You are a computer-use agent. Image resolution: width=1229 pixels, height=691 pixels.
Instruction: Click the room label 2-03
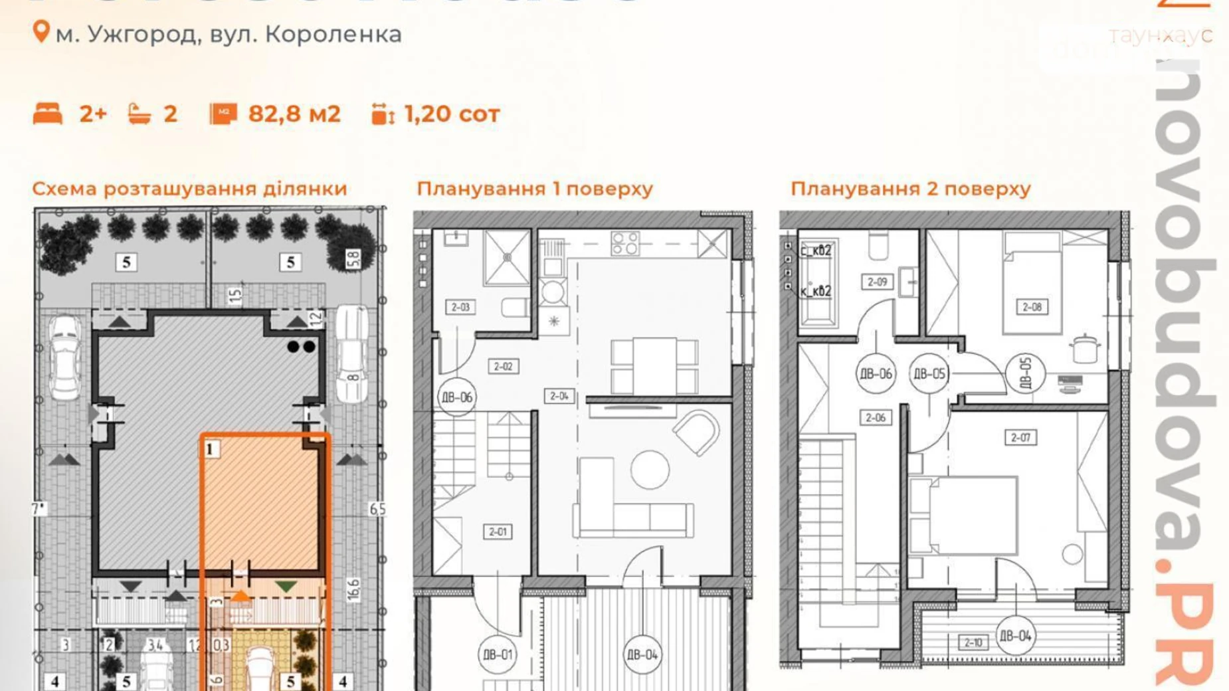tap(460, 307)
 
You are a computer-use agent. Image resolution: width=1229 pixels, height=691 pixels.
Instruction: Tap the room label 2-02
tap(503, 366)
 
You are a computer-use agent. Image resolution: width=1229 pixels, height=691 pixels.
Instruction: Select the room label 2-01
tap(498, 532)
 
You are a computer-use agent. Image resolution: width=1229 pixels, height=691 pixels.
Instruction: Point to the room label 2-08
tap(1032, 307)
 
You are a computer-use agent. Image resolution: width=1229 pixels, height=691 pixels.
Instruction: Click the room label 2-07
tap(1020, 437)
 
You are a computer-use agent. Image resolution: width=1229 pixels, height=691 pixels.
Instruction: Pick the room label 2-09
tap(877, 282)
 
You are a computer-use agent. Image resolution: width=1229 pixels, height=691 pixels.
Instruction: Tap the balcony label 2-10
tap(973, 642)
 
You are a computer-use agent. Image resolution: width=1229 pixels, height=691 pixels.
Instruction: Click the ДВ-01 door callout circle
tap(498, 654)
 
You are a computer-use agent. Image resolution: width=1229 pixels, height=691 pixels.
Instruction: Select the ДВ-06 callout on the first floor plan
tap(457, 397)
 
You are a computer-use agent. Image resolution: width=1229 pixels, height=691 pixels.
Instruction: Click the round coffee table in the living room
tap(650, 470)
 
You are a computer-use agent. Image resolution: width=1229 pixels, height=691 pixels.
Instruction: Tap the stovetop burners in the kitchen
tap(625, 243)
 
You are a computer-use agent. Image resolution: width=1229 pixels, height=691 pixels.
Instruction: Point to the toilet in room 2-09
tap(878, 245)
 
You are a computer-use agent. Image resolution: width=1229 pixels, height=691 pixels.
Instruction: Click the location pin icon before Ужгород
tap(41, 32)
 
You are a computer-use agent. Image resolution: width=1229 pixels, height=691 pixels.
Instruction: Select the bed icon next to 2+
tap(48, 114)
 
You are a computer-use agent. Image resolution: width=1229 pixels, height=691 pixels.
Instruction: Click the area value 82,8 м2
tap(294, 114)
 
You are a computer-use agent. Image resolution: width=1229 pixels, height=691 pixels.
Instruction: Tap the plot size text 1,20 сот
tap(452, 114)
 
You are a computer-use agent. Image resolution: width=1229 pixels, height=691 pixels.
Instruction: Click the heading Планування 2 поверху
tap(910, 189)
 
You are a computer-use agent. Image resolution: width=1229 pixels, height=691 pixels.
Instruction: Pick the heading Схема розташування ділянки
tap(190, 189)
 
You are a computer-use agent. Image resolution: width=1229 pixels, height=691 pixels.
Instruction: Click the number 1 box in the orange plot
tap(211, 449)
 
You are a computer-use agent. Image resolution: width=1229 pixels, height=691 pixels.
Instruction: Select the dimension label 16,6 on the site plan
tap(353, 589)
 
